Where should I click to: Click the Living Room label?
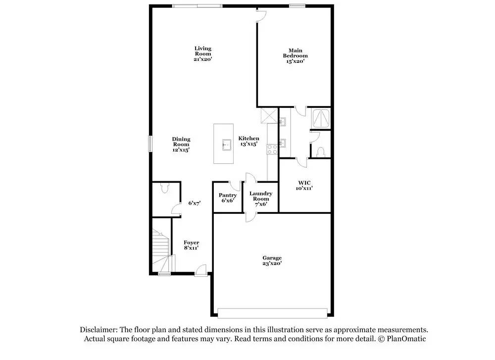point(202,53)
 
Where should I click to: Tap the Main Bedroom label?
point(295,55)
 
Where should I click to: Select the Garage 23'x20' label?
point(272,260)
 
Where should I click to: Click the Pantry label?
point(228,198)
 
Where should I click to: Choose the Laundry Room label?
point(260,198)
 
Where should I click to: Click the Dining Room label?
point(181,144)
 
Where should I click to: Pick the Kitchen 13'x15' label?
point(248,141)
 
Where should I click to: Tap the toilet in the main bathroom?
point(320,151)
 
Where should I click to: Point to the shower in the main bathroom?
point(321,117)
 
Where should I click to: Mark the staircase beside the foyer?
point(161,250)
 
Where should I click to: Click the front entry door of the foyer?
point(200,270)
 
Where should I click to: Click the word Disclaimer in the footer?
point(98,329)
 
